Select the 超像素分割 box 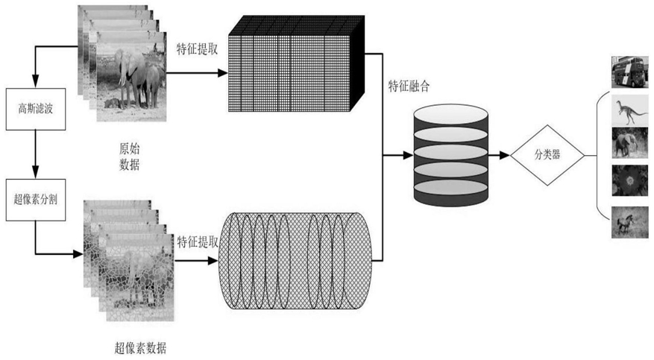click(32, 200)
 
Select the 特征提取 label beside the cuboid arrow click(197, 51)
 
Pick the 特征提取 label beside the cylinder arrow click(198, 242)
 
